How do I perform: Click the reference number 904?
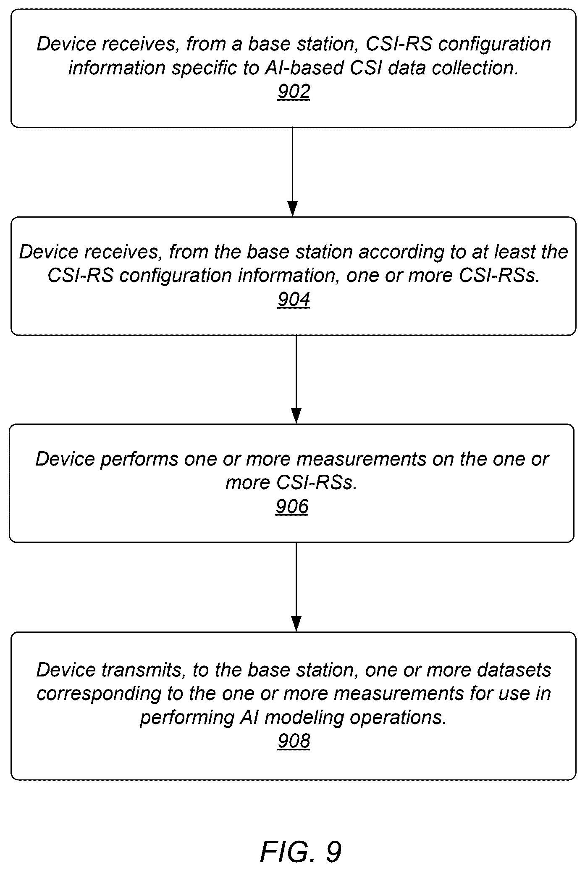tap(294, 300)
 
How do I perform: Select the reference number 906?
tap(292, 507)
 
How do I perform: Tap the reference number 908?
tap(294, 741)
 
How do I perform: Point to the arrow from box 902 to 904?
tap(292, 172)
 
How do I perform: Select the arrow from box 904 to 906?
tap(296, 379)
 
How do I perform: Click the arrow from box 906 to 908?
tap(296, 587)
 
